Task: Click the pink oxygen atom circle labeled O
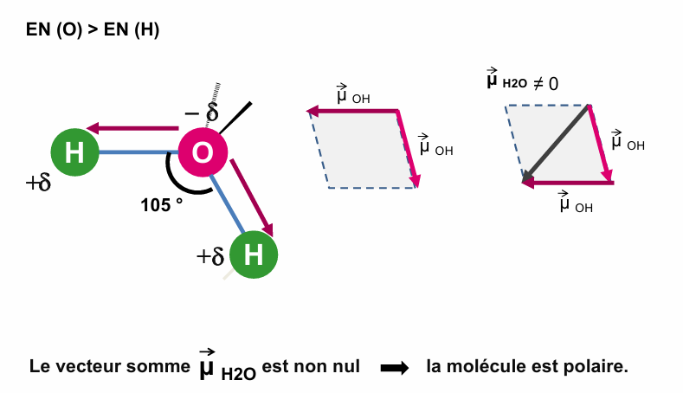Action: (x=203, y=152)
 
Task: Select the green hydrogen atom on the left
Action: (x=74, y=152)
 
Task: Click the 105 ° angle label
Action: (x=162, y=205)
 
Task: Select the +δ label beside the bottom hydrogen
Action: (x=210, y=256)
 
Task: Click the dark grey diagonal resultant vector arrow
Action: (x=556, y=144)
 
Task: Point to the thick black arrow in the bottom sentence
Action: (x=394, y=367)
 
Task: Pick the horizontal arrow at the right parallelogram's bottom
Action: (x=568, y=183)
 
